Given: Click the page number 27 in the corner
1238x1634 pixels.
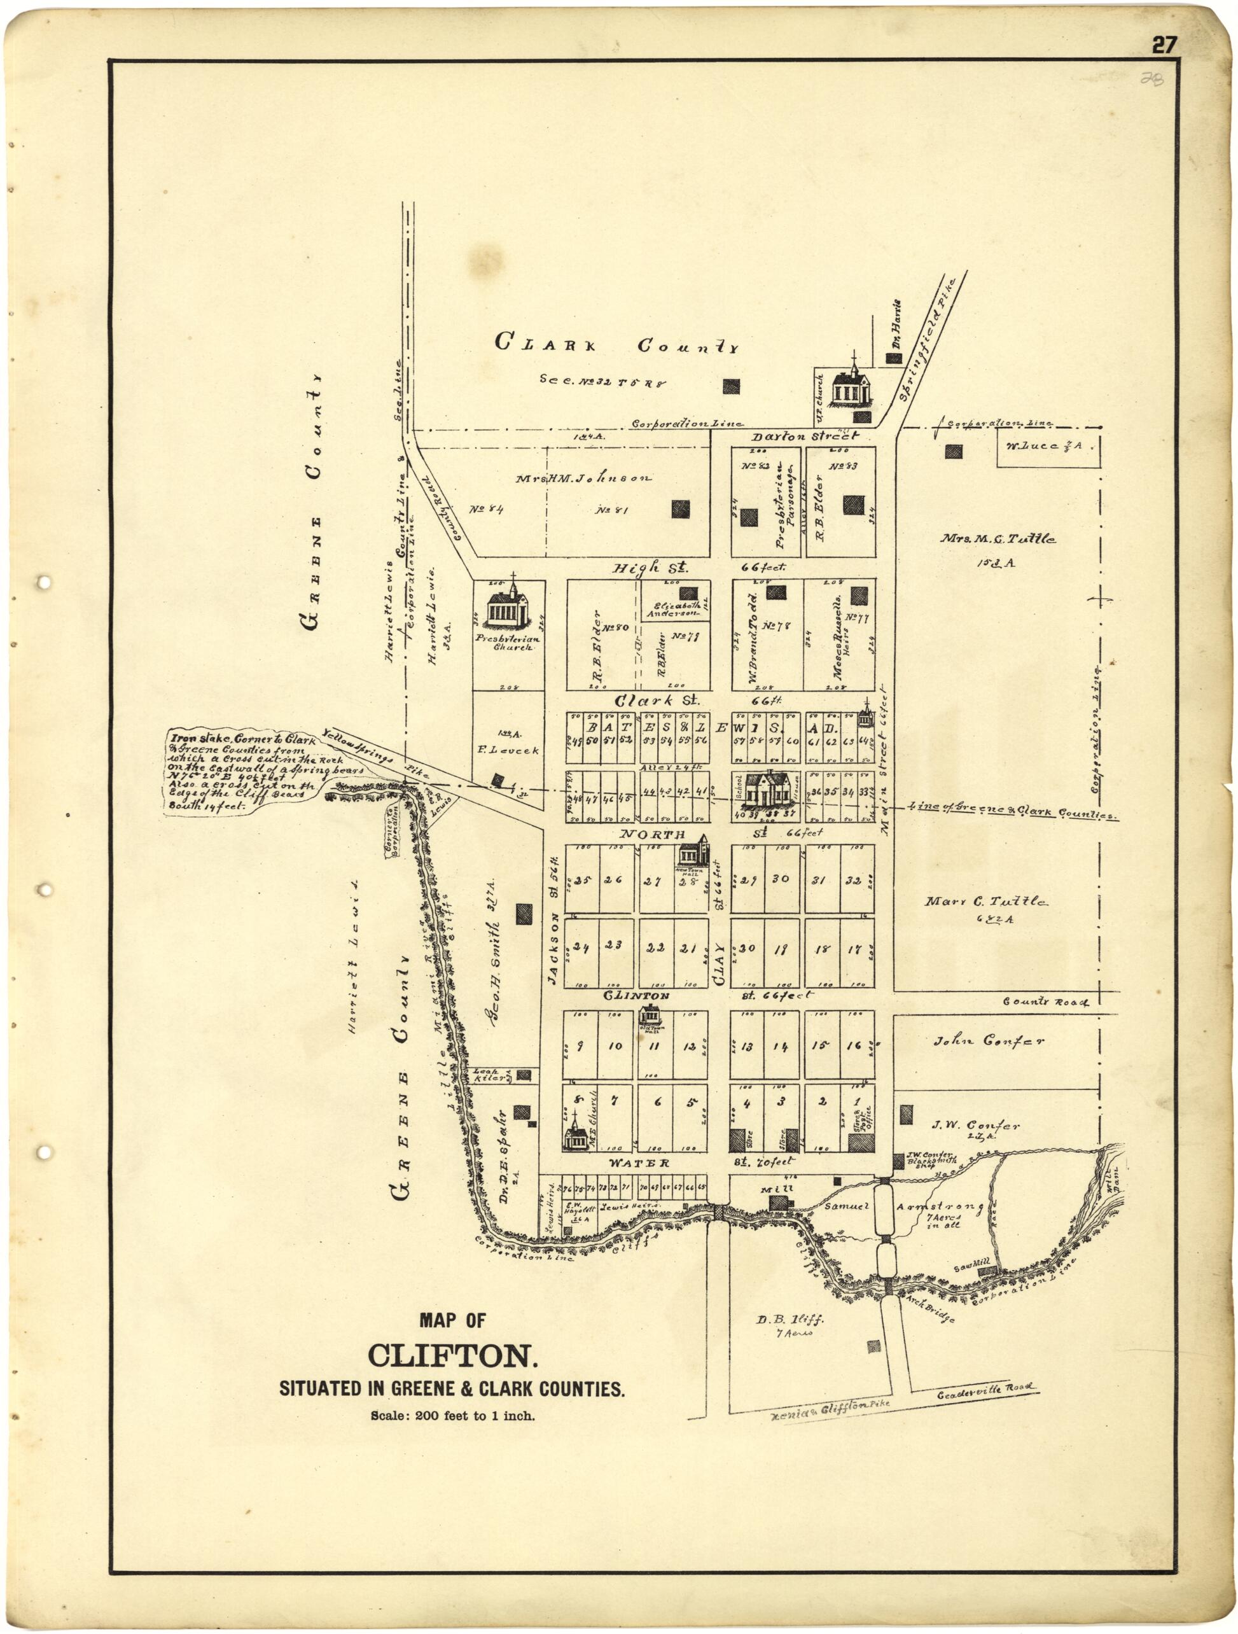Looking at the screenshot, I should (1164, 46).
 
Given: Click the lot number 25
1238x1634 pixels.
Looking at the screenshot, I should (583, 880).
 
